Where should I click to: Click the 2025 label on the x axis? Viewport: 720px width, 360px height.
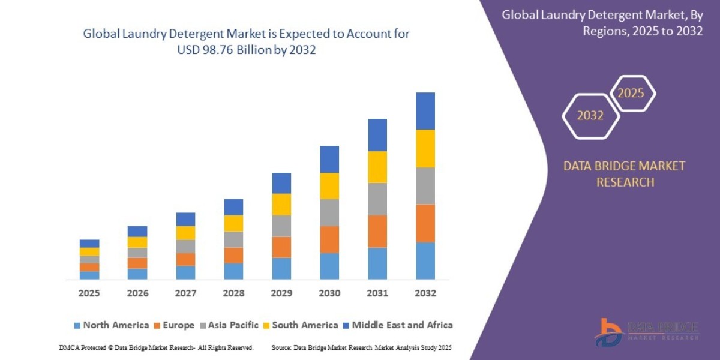click(89, 293)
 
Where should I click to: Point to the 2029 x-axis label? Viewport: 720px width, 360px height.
click(281, 293)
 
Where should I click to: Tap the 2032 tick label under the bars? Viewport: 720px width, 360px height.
click(425, 293)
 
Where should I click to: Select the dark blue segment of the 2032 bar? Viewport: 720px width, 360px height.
click(425, 111)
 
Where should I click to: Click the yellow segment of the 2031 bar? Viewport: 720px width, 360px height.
click(377, 167)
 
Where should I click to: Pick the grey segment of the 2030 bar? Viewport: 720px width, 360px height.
click(329, 212)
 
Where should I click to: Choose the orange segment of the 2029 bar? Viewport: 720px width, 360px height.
click(281, 247)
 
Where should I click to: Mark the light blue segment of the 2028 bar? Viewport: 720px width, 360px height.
click(233, 271)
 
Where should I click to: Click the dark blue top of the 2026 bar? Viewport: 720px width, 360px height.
click(137, 231)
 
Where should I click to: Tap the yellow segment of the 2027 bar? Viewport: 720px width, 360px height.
click(185, 233)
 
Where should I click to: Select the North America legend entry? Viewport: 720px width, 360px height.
click(111, 325)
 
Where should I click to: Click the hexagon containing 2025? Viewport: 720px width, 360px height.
click(631, 94)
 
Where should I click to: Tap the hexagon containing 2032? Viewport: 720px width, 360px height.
click(590, 116)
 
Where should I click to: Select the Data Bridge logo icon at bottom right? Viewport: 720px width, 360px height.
click(607, 331)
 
